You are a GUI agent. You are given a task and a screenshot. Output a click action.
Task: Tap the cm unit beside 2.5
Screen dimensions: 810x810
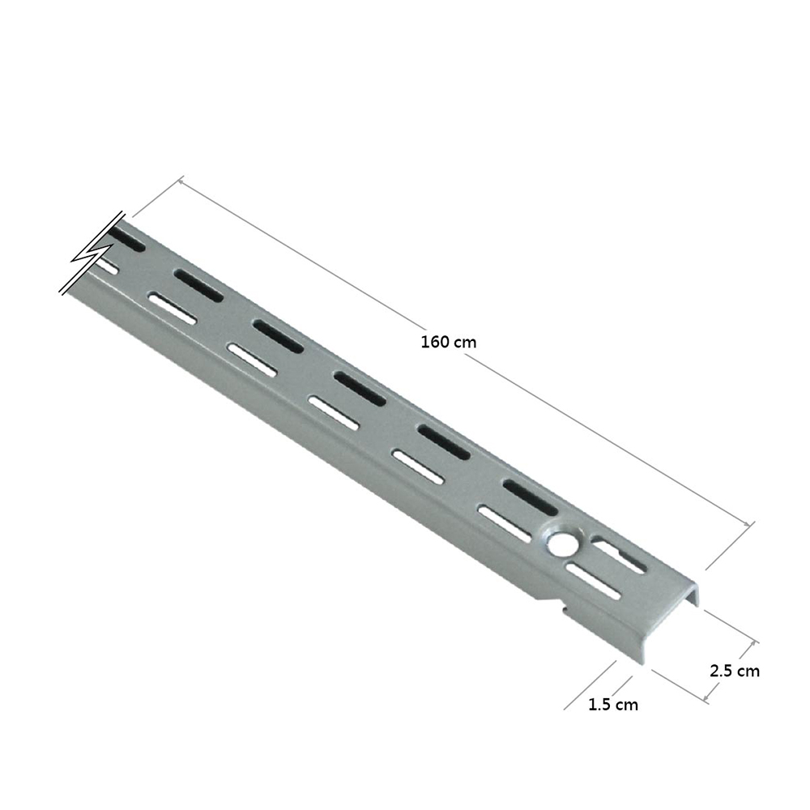point(748,671)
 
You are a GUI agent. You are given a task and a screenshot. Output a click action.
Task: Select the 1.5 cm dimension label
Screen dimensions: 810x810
point(613,704)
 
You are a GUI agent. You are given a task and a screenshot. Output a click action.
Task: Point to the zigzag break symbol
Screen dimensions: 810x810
point(93,253)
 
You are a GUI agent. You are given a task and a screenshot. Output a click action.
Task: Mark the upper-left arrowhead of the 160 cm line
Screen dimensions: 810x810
point(181,180)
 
